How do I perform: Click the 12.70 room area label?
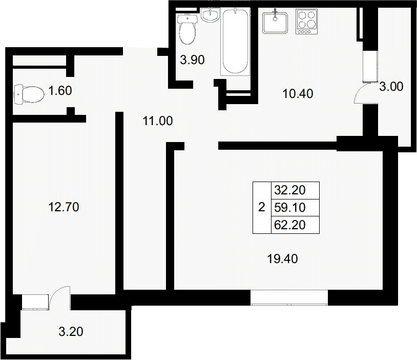[x=64, y=207]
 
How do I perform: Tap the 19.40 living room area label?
[x=282, y=258]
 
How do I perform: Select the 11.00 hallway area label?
[x=158, y=121]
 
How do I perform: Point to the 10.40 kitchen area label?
[x=298, y=93]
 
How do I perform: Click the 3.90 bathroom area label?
[x=192, y=59]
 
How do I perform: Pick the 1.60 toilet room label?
[x=60, y=91]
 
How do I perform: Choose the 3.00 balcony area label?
[x=391, y=87]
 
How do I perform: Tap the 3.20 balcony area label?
[x=71, y=331]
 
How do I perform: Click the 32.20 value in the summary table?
[x=290, y=190]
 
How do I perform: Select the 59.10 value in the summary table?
[x=290, y=207]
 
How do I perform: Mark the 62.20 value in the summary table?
[x=290, y=225]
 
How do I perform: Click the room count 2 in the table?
[x=262, y=207]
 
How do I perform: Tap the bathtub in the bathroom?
[x=235, y=42]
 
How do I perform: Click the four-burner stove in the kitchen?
[x=307, y=22]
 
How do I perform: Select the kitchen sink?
[x=275, y=22]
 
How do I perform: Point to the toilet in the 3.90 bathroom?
[x=187, y=29]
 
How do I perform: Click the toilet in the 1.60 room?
[x=29, y=94]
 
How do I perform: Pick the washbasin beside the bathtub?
[x=210, y=15]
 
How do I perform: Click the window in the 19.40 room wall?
[x=289, y=297]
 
